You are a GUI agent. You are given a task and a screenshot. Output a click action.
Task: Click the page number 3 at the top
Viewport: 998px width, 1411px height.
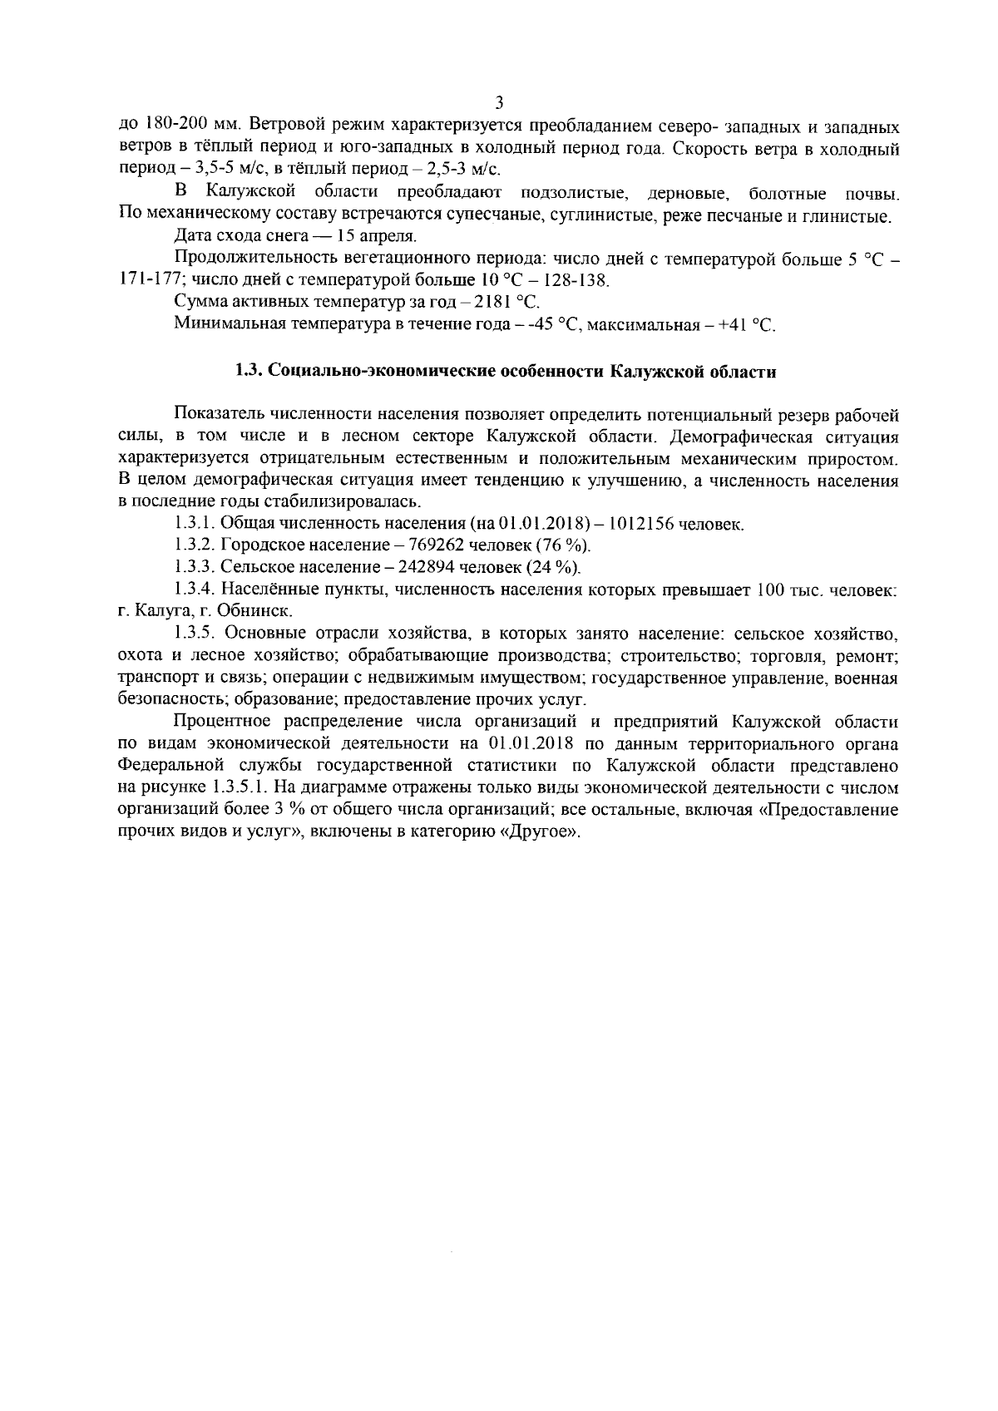tap(499, 103)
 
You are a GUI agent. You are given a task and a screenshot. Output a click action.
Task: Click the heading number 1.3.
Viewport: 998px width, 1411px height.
tap(248, 372)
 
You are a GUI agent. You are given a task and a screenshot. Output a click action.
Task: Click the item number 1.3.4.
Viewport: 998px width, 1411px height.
tap(195, 590)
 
